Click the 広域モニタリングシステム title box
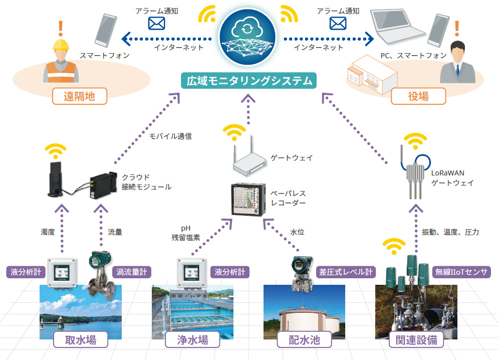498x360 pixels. (248, 81)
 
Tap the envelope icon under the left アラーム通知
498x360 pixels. (156, 24)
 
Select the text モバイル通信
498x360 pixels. (170, 136)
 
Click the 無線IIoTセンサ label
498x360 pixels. (461, 272)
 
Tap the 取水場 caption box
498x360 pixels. (81, 340)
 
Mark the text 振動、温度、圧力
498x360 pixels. (450, 232)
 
